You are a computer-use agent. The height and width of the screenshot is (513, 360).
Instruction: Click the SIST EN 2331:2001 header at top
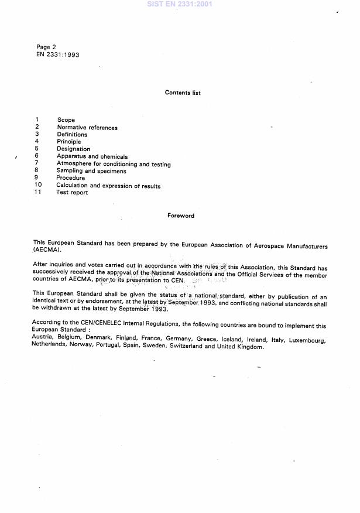(x=180, y=4)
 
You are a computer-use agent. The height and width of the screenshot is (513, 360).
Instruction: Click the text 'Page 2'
(x=46, y=47)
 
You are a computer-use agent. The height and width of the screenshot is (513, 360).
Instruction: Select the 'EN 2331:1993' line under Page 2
(x=58, y=54)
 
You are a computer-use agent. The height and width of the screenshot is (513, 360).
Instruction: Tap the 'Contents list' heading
(x=183, y=93)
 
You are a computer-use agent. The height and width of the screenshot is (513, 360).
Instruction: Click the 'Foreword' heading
(x=181, y=216)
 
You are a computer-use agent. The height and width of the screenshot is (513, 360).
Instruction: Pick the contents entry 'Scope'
(x=66, y=120)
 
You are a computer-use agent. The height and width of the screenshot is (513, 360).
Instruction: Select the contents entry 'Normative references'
(x=87, y=128)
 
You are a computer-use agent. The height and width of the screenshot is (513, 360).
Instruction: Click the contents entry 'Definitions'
(x=72, y=135)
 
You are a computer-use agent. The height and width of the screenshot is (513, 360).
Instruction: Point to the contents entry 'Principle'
(x=69, y=142)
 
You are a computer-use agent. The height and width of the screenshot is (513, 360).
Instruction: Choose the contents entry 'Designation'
(x=73, y=149)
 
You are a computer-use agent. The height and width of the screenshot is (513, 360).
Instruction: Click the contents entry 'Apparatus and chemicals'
(x=92, y=156)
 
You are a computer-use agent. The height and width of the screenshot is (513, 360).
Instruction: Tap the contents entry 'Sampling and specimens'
(x=91, y=172)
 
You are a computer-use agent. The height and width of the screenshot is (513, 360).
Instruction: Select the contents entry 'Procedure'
(x=70, y=178)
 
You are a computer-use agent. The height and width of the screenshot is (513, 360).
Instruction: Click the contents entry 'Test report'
(x=72, y=193)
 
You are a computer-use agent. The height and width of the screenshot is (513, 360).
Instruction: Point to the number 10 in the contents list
(x=38, y=186)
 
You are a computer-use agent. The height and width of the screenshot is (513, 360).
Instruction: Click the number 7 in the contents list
(x=36, y=163)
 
